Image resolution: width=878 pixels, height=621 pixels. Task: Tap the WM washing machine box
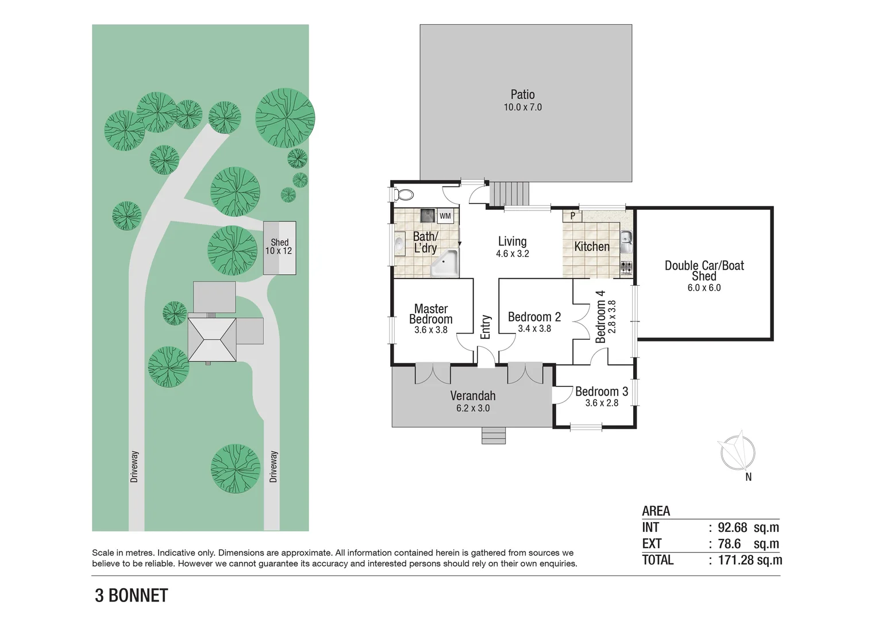(445, 216)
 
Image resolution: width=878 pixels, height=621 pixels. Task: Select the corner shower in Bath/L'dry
(445, 264)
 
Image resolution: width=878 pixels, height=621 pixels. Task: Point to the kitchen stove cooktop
(626, 267)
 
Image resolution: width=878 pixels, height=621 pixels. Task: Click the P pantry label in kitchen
(572, 217)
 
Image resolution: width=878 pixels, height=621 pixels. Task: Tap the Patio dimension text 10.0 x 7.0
(522, 108)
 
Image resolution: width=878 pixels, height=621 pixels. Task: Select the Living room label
(512, 241)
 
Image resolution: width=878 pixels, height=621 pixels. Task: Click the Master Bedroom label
(431, 314)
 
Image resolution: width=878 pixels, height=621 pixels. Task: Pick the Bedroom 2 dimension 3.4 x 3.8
(534, 329)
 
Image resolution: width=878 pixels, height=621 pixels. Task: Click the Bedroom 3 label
(601, 392)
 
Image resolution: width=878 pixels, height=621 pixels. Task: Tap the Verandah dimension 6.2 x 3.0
(473, 408)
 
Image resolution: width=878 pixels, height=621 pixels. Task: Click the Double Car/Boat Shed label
(704, 270)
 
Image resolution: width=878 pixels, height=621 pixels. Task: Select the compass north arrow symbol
(738, 452)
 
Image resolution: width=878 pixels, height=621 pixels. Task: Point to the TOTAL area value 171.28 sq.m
(750, 559)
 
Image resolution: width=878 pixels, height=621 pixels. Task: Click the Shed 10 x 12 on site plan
(279, 247)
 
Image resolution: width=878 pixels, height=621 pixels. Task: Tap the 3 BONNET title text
(132, 596)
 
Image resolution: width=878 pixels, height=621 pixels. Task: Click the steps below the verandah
(494, 436)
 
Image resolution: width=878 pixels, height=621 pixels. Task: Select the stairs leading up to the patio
(509, 194)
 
